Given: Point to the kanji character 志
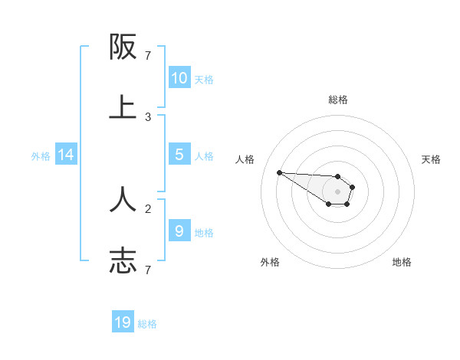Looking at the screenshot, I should pos(123,260).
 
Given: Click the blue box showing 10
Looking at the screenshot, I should pos(179,78).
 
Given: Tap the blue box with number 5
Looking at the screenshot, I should pos(179,155).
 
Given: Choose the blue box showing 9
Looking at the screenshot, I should pos(179,231).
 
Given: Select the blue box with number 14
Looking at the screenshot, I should pos(66,155).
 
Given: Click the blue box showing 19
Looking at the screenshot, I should pos(123,322).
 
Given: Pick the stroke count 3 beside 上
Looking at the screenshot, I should pos(148,117).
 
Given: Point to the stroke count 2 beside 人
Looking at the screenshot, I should pos(148,208).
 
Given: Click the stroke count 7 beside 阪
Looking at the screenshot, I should pos(148,56).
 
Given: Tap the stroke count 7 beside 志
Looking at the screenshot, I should pos(148,269).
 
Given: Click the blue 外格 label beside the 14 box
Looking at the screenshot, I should pos(41,155).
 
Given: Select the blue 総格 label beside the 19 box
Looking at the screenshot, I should pos(147,324).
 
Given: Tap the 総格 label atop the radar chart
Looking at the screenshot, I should pos(337,100).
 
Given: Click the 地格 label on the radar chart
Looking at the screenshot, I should pos(402,262).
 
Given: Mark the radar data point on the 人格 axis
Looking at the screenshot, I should pos(279,172).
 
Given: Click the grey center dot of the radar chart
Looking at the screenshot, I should pos(337,191).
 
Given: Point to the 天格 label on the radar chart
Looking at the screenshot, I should pos(431,159).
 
